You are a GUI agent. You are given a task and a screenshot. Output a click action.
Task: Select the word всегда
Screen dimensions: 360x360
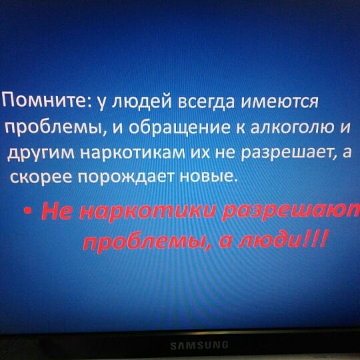[207, 102]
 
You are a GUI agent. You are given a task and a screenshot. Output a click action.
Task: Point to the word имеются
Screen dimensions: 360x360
[279, 102]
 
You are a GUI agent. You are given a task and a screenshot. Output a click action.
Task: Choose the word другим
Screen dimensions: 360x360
[41, 154]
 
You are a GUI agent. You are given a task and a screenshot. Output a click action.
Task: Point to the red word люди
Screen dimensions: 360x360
[270, 240]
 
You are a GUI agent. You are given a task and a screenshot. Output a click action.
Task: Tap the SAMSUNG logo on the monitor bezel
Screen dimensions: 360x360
[199, 345]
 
